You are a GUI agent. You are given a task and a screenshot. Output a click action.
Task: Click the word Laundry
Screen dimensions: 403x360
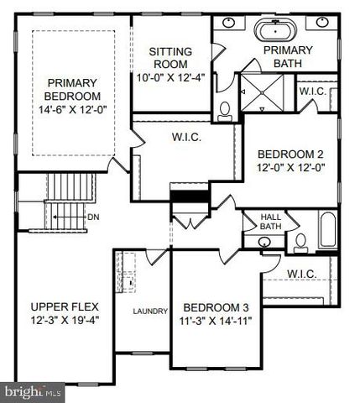pos(150,311)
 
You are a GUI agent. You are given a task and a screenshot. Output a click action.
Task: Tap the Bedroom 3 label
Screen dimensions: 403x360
pos(212,306)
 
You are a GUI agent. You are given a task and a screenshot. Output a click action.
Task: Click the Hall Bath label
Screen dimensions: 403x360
pos(271,221)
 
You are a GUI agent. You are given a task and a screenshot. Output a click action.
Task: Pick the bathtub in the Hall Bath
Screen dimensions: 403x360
pos(326,231)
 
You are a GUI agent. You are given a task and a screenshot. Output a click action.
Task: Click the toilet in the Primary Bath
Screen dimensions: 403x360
pos(224,110)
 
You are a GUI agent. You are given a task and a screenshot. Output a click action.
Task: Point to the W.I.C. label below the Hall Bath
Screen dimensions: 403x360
pos(300,273)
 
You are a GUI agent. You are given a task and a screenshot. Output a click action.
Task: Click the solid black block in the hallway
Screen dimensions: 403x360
pos(188,196)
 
